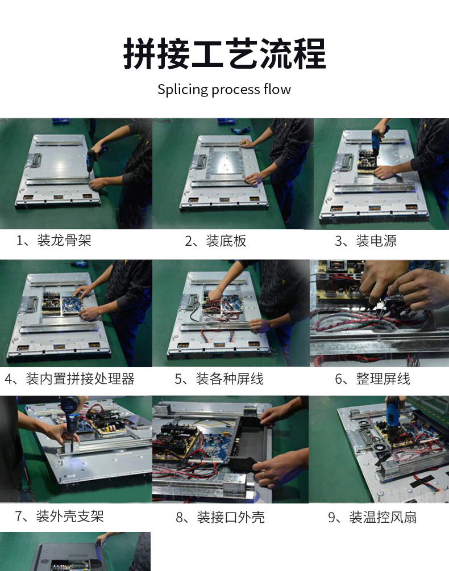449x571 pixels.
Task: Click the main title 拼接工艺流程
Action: (x=224, y=54)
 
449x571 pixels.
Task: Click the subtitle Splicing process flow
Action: (x=224, y=90)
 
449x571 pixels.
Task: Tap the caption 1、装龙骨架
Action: (x=53, y=240)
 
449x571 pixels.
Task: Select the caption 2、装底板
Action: (x=215, y=241)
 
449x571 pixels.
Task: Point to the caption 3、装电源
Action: (x=365, y=241)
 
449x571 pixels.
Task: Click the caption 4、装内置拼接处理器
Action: (x=69, y=379)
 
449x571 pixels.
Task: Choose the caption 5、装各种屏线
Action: (x=219, y=379)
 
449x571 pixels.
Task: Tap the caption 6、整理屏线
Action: (x=372, y=379)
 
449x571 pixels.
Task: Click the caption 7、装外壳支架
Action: (x=60, y=516)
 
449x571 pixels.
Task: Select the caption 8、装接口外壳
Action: (x=220, y=517)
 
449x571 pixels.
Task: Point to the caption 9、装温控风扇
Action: (x=372, y=517)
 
